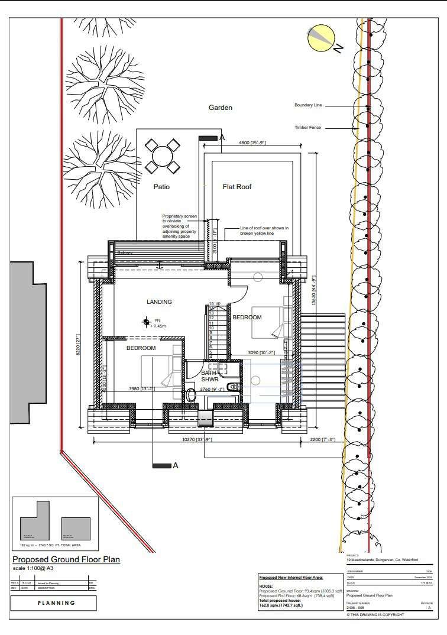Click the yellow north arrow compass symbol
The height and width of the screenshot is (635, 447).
pyautogui.click(x=320, y=37)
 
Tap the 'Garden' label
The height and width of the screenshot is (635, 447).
pyautogui.click(x=220, y=108)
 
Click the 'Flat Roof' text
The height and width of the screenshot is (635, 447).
pyautogui.click(x=237, y=187)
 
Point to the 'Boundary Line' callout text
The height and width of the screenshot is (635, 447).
pyautogui.click(x=308, y=105)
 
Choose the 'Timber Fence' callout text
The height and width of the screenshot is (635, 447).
pyautogui.click(x=307, y=127)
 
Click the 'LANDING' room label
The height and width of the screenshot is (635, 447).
pyautogui.click(x=159, y=302)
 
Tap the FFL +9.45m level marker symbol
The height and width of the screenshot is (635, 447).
pyautogui.click(x=146, y=322)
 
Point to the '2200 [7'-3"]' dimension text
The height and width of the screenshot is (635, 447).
pyautogui.click(x=323, y=439)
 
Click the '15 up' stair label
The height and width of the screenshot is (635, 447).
pyautogui.click(x=214, y=304)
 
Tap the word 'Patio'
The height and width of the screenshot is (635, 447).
pyautogui.click(x=161, y=187)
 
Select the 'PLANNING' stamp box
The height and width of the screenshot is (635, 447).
pyautogui.click(x=56, y=603)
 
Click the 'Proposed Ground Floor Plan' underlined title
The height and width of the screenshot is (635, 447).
pyautogui.click(x=66, y=559)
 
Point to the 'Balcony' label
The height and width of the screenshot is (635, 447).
pyautogui.click(x=125, y=253)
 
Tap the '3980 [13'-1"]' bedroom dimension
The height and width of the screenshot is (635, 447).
pyautogui.click(x=142, y=388)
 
